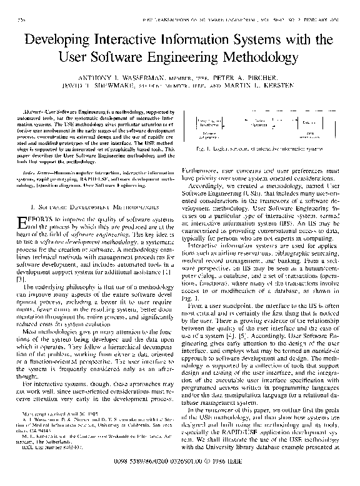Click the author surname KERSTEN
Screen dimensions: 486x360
point(292,91)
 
